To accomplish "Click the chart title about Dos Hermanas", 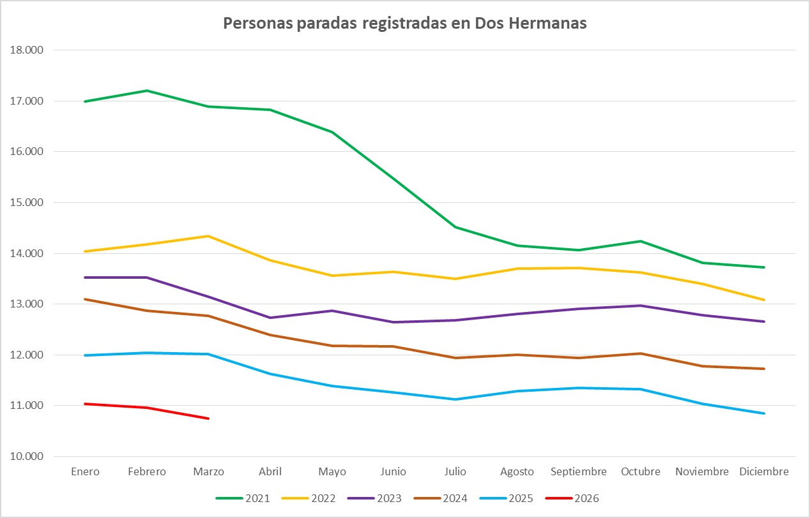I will [x=404, y=24].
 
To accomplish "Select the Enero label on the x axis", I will [x=85, y=472].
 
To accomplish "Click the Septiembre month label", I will [x=579, y=472].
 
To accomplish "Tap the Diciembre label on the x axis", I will [x=764, y=472].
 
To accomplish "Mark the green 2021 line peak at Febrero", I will [x=147, y=91].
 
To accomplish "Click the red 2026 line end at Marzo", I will [x=208, y=418].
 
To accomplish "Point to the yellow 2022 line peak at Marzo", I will [x=208, y=236].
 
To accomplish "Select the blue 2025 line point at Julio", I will [x=455, y=399].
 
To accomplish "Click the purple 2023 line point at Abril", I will [x=270, y=318].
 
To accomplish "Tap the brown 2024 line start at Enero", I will [x=85, y=299].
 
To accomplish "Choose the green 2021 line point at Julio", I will [x=455, y=227].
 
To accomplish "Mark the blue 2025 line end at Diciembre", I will [x=764, y=413].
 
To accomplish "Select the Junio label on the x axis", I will [x=394, y=472].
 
